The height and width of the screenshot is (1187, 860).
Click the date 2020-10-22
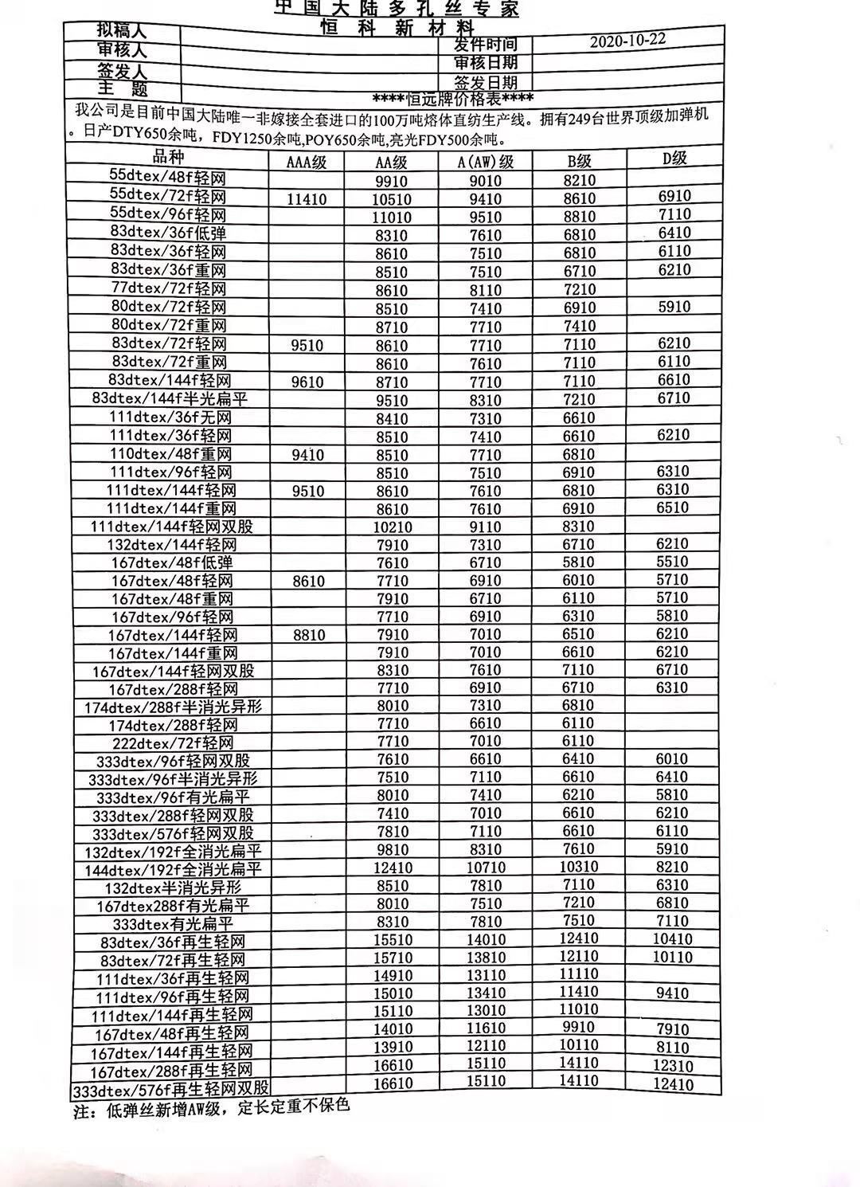coord(627,42)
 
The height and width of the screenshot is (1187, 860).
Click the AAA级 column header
coord(307,163)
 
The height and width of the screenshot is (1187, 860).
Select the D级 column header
coord(674,158)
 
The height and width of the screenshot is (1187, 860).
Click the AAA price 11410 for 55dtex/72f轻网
coord(307,199)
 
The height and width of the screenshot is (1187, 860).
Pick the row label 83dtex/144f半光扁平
coord(170,398)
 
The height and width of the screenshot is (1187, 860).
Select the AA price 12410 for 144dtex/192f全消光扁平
coord(393,868)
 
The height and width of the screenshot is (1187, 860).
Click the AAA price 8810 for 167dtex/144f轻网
coord(308,636)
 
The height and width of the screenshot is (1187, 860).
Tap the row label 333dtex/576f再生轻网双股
coord(171,1089)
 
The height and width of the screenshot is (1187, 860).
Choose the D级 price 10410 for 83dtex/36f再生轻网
coord(673,939)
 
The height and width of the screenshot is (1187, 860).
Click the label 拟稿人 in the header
coord(122,30)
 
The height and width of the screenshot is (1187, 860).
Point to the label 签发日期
coord(486,82)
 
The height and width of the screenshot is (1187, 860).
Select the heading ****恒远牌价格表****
coord(453,99)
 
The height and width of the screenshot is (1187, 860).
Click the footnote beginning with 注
coord(212,1108)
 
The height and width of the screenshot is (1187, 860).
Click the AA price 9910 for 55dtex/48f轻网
coord(391,181)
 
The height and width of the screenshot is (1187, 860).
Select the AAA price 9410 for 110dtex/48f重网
coord(308,455)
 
